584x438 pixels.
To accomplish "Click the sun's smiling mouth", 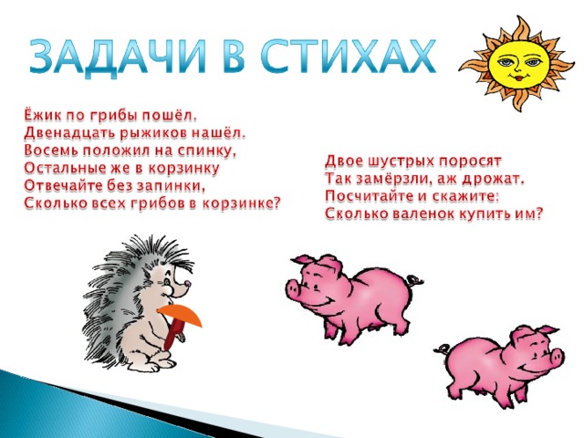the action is pyautogui.click(x=517, y=78).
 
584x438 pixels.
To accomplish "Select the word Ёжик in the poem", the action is pyautogui.click(x=43, y=115).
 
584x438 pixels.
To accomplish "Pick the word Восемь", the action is pyautogui.click(x=51, y=151).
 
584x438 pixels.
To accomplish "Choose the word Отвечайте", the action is pyautogui.click(x=61, y=185).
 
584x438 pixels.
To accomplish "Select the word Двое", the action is pyautogui.click(x=344, y=162).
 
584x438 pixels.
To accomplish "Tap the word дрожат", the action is pyautogui.click(x=493, y=180).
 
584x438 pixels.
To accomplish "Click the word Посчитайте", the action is pyautogui.click(x=368, y=197).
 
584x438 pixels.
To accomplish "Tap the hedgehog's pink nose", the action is pyautogui.click(x=188, y=283).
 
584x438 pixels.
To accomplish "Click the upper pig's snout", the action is pyautogui.click(x=294, y=287).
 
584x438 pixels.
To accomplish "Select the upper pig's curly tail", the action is pyautogui.click(x=415, y=279).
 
